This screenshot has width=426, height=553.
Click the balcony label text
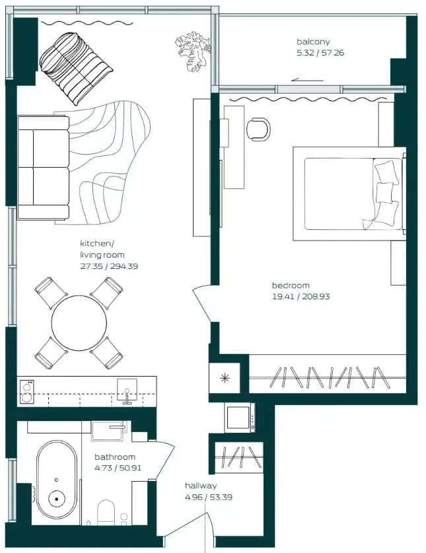coord(313,42)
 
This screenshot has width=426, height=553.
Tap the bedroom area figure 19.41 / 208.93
coord(301,297)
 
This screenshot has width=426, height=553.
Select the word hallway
coord(201,486)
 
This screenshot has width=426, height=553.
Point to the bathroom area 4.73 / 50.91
coord(118,468)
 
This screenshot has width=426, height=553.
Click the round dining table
coord(79,323)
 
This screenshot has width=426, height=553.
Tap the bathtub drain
coord(56,499)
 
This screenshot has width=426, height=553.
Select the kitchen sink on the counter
coord(127,390)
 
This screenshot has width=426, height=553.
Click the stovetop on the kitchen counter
coord(27,392)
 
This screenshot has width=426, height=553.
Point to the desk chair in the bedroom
coord(258,129)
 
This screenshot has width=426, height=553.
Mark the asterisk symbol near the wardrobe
coord(225,379)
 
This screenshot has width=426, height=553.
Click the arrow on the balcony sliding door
coord(307,80)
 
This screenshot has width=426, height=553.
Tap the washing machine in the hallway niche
coord(240,418)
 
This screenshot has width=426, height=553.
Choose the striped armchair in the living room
coord(75,67)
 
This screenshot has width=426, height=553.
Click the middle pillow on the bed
coord(384,193)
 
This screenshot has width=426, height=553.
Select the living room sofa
coord(44,168)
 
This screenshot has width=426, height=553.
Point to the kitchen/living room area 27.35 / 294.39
coord(109,266)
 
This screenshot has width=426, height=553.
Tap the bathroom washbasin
coord(108,431)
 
